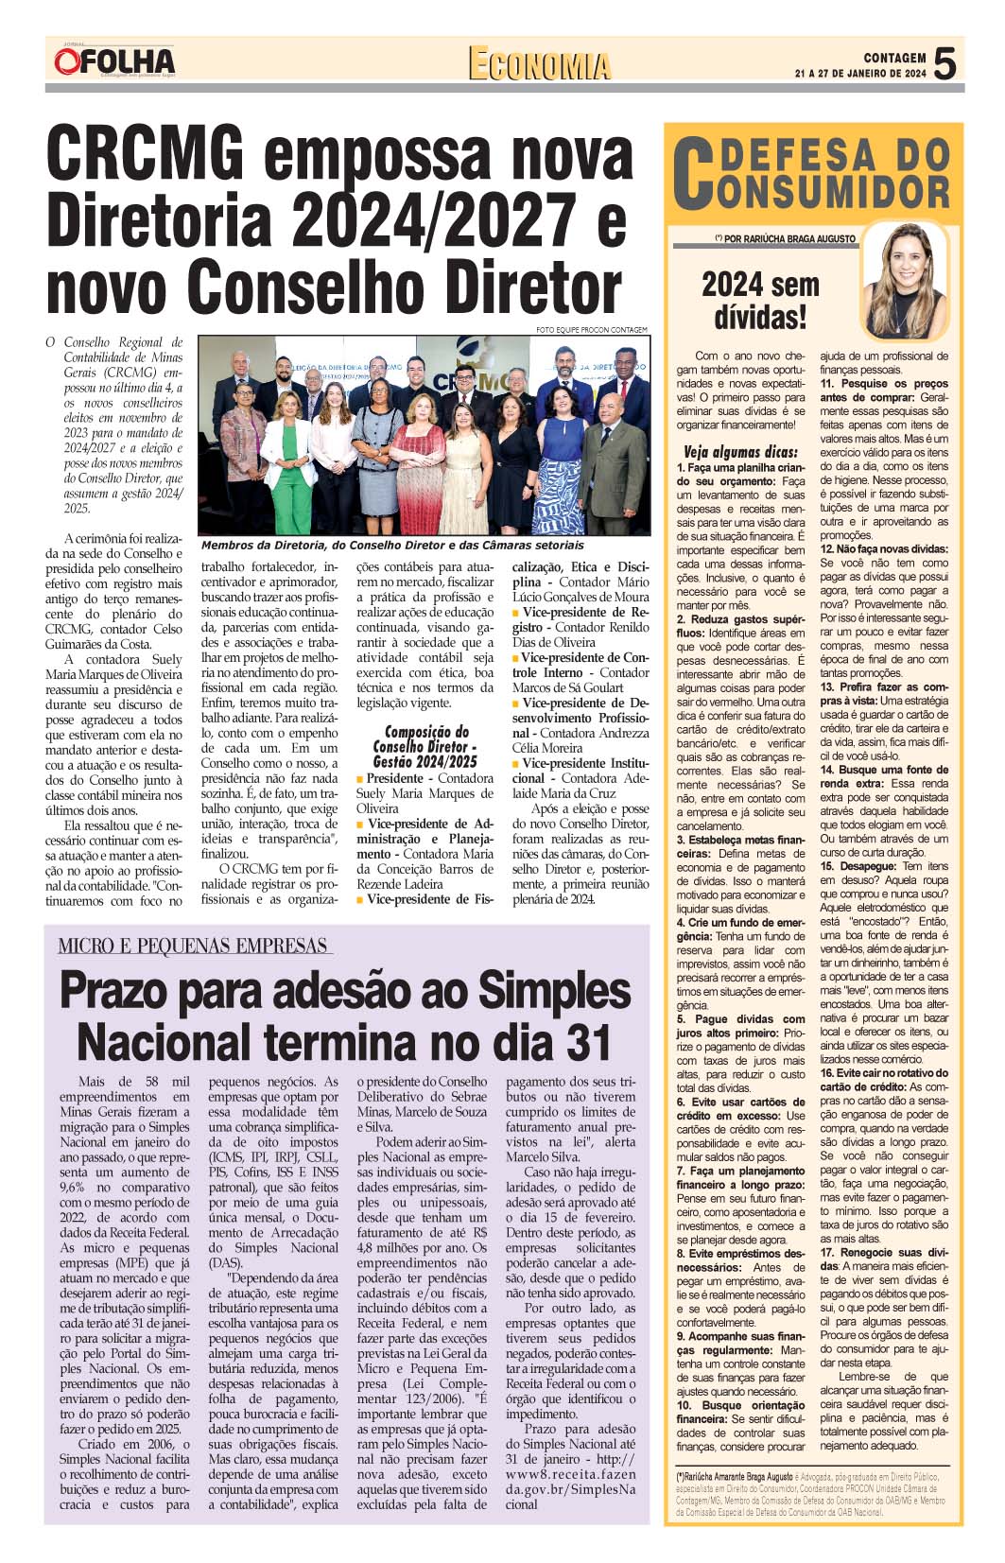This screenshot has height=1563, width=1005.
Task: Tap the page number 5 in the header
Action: click(x=945, y=64)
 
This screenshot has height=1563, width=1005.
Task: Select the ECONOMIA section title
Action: click(x=540, y=64)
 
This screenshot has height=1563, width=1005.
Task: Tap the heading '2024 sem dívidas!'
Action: click(x=761, y=300)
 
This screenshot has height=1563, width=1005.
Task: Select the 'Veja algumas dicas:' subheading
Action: click(x=740, y=452)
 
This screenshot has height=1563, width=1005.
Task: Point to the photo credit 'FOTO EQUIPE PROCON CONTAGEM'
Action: click(x=592, y=329)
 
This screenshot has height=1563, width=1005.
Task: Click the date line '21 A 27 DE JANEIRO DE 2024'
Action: click(x=859, y=74)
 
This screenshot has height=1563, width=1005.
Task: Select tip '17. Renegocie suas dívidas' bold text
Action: click(x=883, y=1259)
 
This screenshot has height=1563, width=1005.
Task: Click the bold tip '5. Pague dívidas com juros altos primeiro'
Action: click(x=740, y=1026)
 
